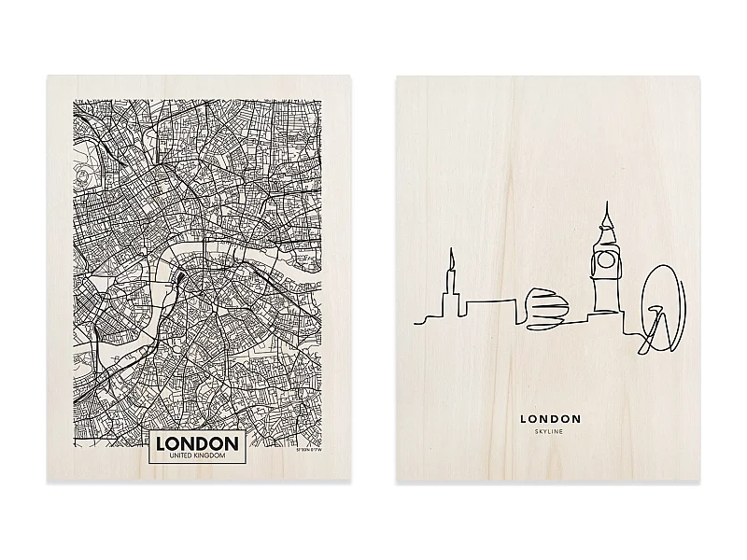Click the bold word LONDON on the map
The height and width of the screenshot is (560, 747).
(x=196, y=442)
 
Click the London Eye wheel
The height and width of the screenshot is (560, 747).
(x=660, y=308)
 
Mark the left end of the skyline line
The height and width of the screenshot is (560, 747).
(x=415, y=323)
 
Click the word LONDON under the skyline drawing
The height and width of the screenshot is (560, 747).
(x=550, y=420)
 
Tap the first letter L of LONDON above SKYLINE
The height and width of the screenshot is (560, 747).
(x=524, y=420)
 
